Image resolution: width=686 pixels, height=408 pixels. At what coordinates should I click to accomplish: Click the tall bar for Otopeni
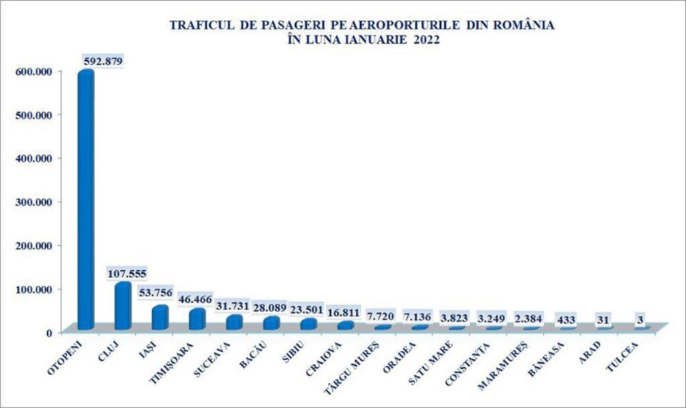tap(86, 200)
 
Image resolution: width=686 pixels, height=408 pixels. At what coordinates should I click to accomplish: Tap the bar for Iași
tap(160, 317)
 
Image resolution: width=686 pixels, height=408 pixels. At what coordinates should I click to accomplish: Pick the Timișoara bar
tap(197, 319)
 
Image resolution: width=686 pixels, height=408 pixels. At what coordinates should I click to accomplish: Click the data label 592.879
tap(104, 61)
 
